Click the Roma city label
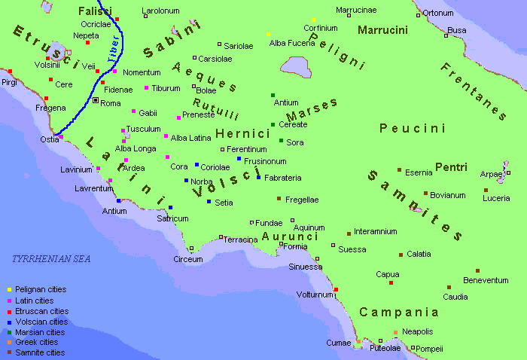tap(111, 103)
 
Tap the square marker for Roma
tap(95, 100)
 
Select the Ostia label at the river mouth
tap(49, 139)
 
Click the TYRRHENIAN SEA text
tap(50, 259)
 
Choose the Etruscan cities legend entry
tap(41, 311)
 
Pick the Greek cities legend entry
tap(37, 342)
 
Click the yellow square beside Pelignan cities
tap(8, 290)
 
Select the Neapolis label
tap(417, 331)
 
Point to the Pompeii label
tap(430, 349)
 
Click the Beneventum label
tap(486, 280)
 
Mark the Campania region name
tap(398, 312)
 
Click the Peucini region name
tap(413, 129)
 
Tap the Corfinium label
tap(320, 28)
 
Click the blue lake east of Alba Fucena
tap(299, 67)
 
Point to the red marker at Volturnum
tap(336, 289)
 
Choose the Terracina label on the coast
tap(241, 239)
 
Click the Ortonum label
tap(437, 13)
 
